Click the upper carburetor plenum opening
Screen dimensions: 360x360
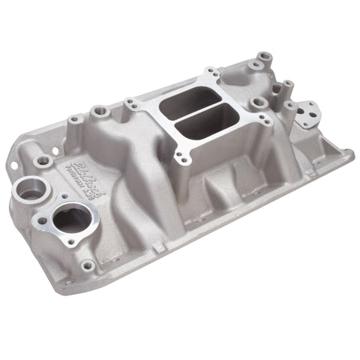click(196, 99)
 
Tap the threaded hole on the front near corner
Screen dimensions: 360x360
click(88, 265)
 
